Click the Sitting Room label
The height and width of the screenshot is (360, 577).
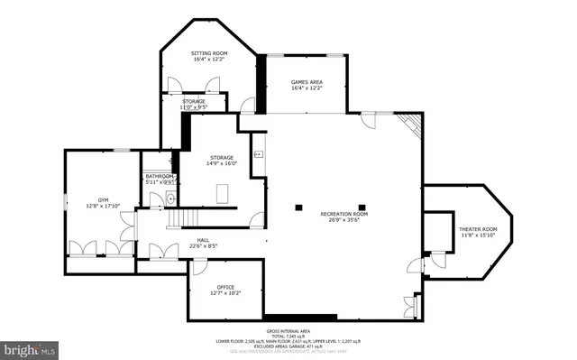(x=208, y=54)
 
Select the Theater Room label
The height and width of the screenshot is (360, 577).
(x=478, y=230)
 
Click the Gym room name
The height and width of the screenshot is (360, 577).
(x=102, y=198)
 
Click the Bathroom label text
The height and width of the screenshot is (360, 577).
(x=159, y=176)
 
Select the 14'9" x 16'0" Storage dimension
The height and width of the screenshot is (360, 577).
(x=221, y=163)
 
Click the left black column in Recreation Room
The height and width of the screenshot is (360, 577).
(x=299, y=208)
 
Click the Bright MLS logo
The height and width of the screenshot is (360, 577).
(x=28, y=347)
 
